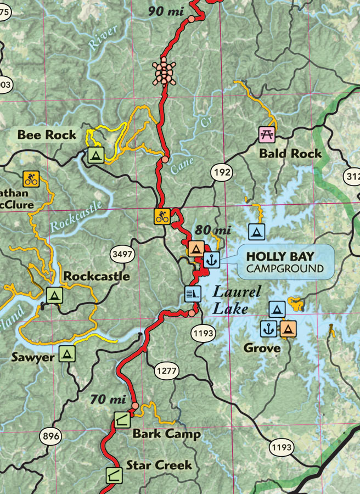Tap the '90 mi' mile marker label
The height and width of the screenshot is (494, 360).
tap(165, 10)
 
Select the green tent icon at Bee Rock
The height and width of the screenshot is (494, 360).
tap(95, 155)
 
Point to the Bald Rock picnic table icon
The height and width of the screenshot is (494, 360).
tap(266, 134)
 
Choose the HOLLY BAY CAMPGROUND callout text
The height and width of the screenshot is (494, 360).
tap(284, 262)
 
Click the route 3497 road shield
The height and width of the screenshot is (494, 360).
tap(122, 254)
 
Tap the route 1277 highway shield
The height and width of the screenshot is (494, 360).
tap(166, 371)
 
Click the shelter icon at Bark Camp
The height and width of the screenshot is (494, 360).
tap(122, 420)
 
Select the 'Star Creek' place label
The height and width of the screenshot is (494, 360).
tap(159, 465)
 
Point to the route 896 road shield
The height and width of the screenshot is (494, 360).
tap(50, 437)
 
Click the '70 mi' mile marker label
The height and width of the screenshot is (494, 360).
tap(109, 399)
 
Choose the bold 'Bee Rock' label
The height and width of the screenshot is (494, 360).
tap(47, 134)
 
